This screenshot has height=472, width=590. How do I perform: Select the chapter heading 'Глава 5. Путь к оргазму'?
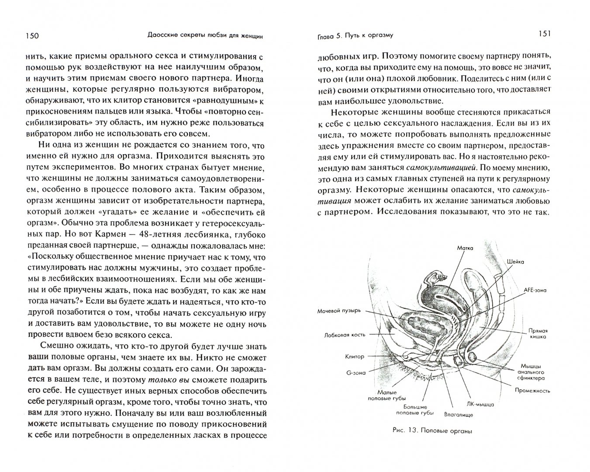pos(355,36)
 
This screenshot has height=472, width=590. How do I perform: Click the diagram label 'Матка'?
pos(465,248)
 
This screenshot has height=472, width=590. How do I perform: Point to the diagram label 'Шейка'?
pos(515,261)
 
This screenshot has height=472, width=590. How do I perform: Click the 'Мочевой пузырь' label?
pos(339,311)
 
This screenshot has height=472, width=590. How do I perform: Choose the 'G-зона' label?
pos(356,373)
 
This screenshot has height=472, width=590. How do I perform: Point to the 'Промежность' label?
pos(531,391)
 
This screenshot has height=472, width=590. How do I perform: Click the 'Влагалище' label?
pos(458,414)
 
